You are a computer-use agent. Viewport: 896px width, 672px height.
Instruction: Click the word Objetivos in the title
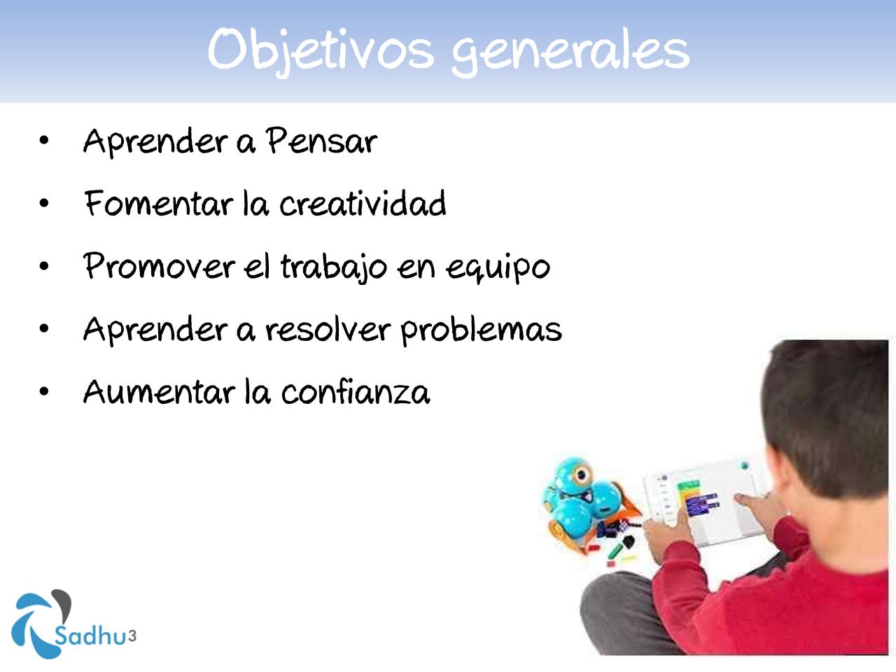pos(321,51)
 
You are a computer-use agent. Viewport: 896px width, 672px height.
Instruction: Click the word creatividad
pos(363,203)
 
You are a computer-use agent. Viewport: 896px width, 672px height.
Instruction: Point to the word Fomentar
pos(159,203)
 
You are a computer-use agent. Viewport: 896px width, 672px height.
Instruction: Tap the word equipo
pos(498,269)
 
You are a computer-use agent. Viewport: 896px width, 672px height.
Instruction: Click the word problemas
pos(482,330)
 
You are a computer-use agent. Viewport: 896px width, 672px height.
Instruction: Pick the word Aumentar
pos(159,392)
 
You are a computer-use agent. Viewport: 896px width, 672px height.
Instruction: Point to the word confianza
pos(356,392)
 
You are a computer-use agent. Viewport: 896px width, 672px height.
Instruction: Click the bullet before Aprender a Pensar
pos(44,141)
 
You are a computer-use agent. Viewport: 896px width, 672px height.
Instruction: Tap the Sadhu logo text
pos(90,636)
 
